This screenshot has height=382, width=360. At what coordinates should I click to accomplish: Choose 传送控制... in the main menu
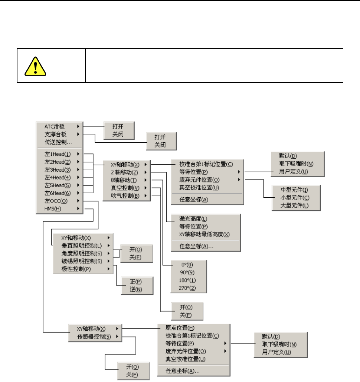[x=59, y=142]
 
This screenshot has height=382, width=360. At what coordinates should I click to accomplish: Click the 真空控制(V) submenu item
[x=125, y=188]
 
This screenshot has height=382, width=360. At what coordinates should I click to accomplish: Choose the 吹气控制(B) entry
[x=125, y=196]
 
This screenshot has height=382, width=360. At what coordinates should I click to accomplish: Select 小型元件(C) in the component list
[x=295, y=198]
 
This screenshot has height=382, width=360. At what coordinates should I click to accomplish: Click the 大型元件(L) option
[x=295, y=205]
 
